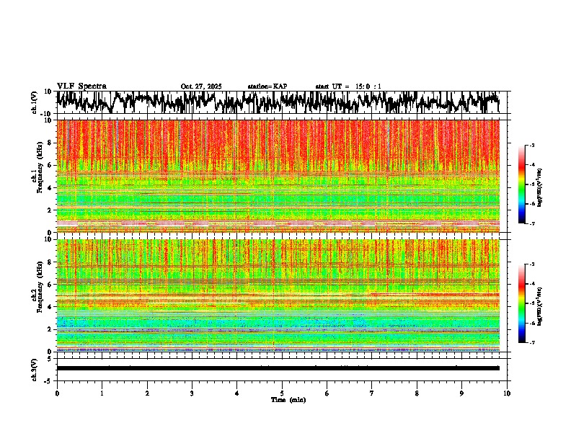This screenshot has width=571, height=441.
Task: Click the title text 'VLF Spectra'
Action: pos(81,86)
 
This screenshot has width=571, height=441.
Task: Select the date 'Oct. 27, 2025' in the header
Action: pos(201,86)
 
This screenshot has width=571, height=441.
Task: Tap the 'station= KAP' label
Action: pos(267,86)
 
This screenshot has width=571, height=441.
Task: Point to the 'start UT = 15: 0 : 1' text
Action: pos(348,86)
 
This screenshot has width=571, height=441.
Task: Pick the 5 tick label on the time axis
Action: pos(282,393)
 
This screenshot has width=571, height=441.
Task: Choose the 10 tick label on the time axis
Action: pos(507,393)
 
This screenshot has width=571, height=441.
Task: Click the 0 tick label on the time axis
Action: pos(57,393)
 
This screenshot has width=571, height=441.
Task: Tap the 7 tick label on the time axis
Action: pos(372,393)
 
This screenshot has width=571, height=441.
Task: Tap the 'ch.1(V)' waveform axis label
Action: pos(34,102)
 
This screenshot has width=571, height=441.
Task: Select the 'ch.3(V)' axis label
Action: pos(34,368)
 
